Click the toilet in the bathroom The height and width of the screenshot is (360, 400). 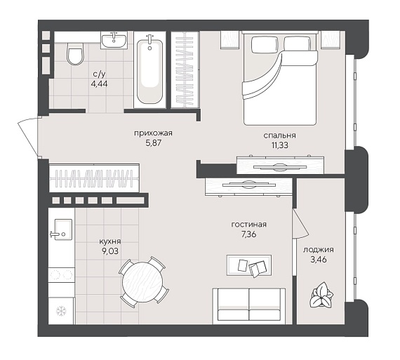pos(75,53)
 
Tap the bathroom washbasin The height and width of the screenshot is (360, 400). pos(114,40)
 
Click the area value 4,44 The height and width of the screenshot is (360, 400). pos(99,84)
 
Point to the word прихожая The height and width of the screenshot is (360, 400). pos(153,133)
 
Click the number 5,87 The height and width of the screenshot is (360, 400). pos(154,143)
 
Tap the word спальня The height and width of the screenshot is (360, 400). pos(279,135)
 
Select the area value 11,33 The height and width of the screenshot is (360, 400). pos(280,145)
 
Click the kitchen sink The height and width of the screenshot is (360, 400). pos(61,229)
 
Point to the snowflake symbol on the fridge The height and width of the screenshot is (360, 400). pos(61,311)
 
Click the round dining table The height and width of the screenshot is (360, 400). pos(142,281)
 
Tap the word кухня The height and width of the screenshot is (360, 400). pos(110,241)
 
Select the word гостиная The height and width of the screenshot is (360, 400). pos(248,225)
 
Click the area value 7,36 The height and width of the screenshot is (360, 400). pos(248,234)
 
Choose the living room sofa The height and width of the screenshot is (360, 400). pos(249,306)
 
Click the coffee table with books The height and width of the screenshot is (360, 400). pos(249,265)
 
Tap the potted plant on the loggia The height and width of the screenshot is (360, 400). pos(321,295)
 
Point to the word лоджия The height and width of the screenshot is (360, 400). pos(319,250)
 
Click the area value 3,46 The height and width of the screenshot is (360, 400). pos(319,260)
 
